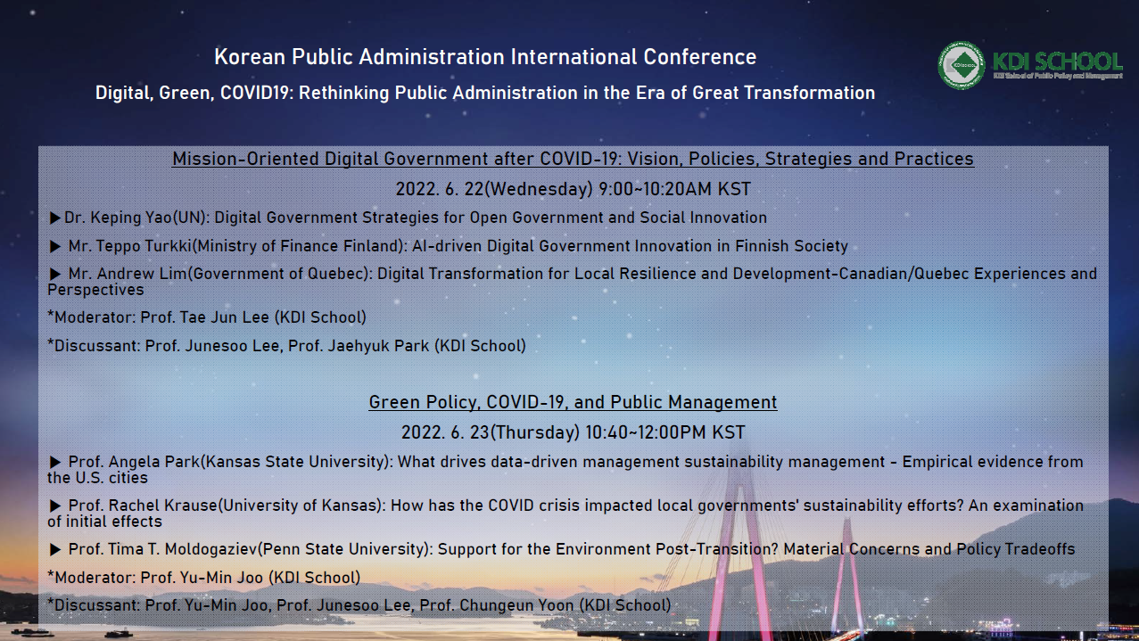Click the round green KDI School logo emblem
tap(961, 65)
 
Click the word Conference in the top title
tap(699, 57)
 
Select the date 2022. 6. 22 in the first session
tap(440, 189)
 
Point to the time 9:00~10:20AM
tap(656, 189)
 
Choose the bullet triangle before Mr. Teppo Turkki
tap(55, 247)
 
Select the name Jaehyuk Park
tap(378, 346)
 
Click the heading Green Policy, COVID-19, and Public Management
tap(573, 402)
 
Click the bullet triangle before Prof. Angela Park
tap(55, 462)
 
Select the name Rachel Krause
tap(162, 505)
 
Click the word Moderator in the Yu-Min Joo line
tap(95, 578)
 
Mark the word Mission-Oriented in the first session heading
tap(245, 159)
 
